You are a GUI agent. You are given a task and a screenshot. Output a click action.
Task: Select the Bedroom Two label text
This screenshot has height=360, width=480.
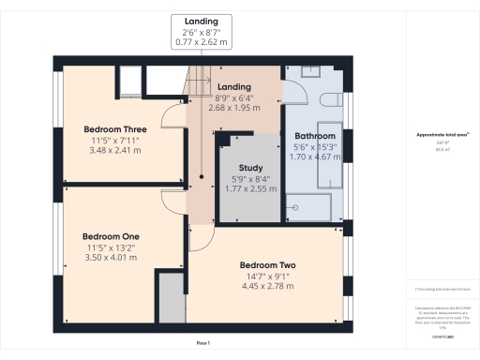[x=267, y=265]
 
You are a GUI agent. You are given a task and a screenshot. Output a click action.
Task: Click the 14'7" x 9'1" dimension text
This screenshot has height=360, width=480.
[x=267, y=277]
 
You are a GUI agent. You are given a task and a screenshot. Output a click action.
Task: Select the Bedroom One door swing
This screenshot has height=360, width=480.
[x=174, y=201]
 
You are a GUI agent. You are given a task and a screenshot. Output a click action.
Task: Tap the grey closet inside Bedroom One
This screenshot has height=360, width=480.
[x=171, y=298]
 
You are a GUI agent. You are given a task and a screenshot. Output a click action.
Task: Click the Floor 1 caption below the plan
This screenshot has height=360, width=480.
[x=203, y=344]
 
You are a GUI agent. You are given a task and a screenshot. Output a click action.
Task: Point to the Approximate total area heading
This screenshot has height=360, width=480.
[x=442, y=135]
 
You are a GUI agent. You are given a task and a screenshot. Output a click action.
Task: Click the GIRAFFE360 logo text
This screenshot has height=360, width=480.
[x=442, y=335]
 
